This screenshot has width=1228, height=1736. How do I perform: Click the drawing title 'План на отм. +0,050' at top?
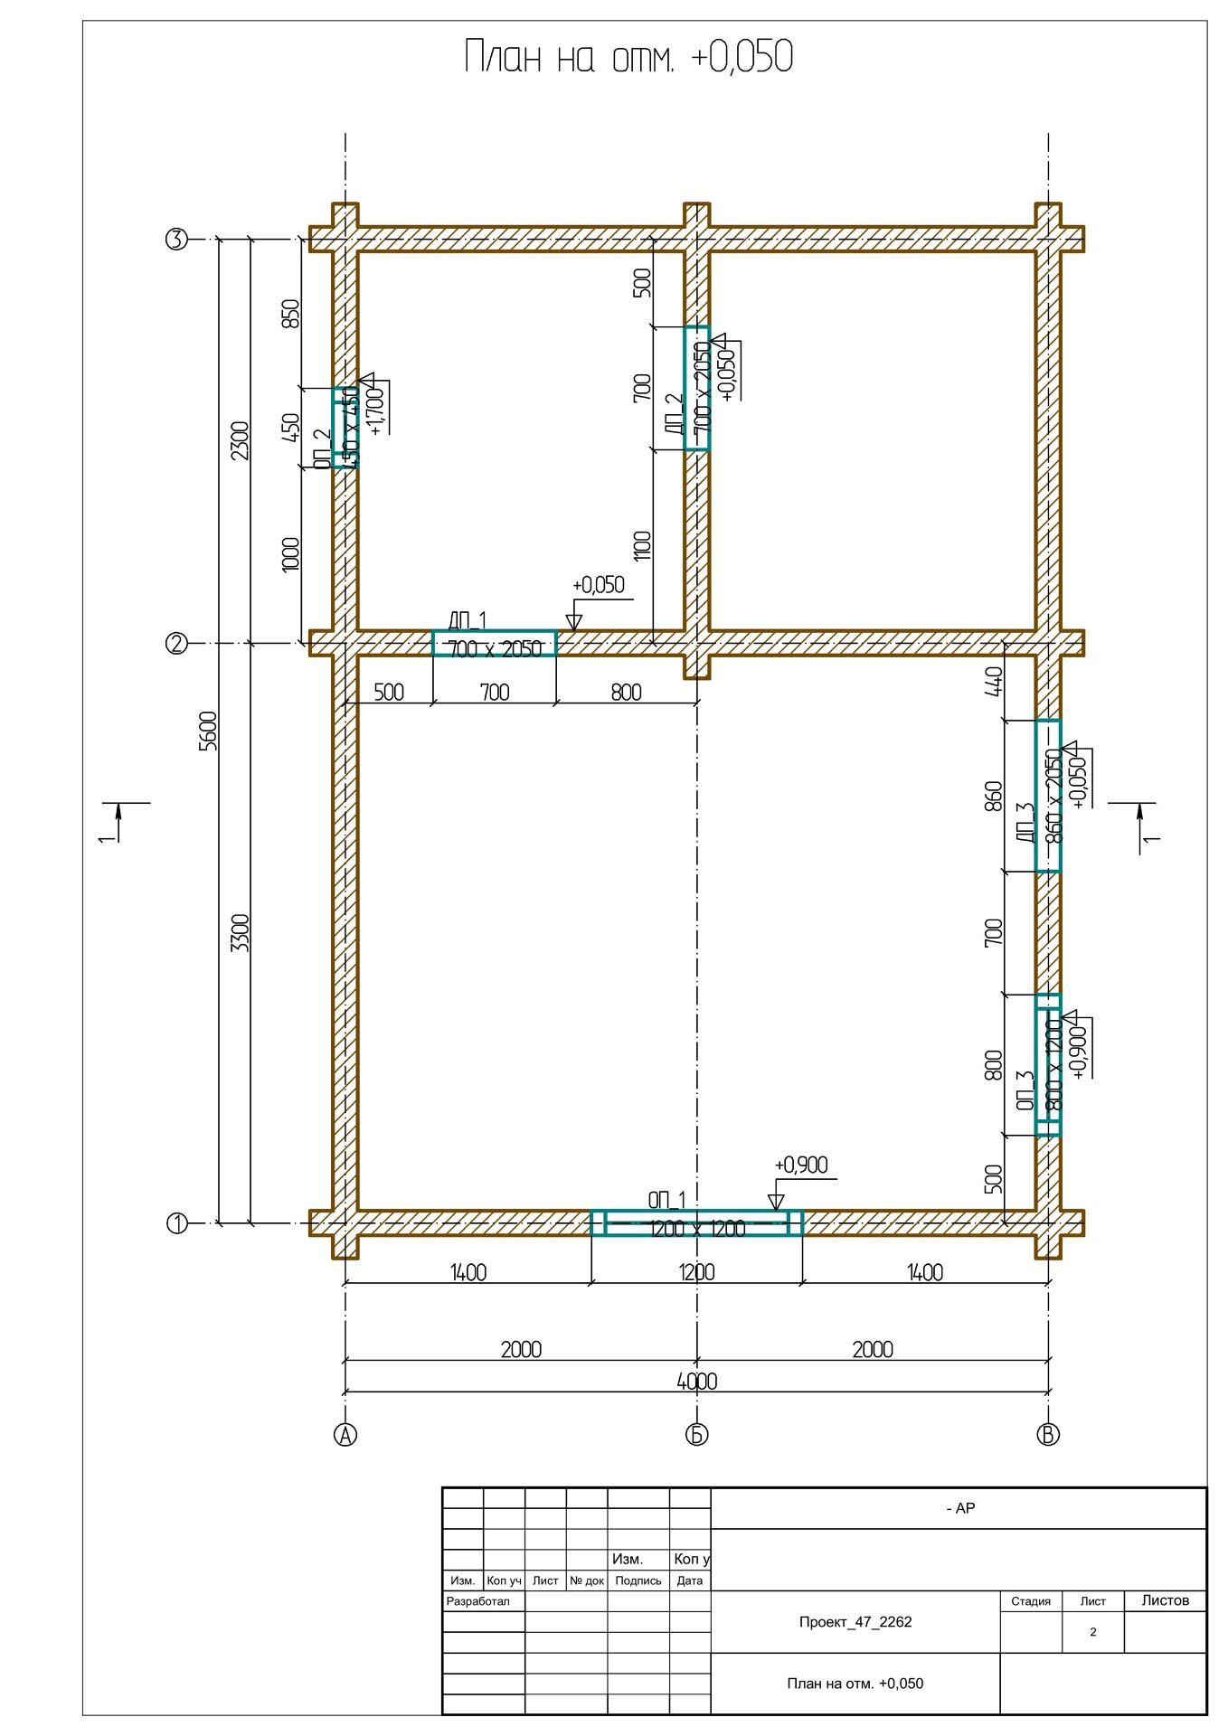tap(628, 58)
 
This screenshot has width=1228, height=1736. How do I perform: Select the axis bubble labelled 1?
tap(176, 1223)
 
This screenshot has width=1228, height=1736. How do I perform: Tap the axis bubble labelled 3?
tap(175, 240)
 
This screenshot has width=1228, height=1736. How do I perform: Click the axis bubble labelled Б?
tap(696, 1434)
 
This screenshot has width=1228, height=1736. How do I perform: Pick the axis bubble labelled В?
tap(1048, 1434)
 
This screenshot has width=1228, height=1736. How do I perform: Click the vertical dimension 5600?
tap(208, 731)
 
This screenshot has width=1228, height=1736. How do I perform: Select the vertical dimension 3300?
tap(240, 933)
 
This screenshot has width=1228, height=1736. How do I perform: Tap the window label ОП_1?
tap(666, 1200)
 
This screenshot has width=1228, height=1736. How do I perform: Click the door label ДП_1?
tap(467, 620)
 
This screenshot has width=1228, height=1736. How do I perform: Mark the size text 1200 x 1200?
tap(696, 1229)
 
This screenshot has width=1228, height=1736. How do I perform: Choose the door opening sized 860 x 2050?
tap(1048, 796)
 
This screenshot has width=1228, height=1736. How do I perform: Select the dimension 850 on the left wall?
tap(290, 314)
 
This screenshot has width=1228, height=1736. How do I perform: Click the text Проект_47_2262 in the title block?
tap(855, 1621)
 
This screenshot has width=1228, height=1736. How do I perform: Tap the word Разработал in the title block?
tap(478, 1600)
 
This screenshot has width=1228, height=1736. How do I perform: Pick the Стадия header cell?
tap(1030, 1601)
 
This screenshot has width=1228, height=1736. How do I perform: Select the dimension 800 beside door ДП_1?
tap(626, 693)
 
